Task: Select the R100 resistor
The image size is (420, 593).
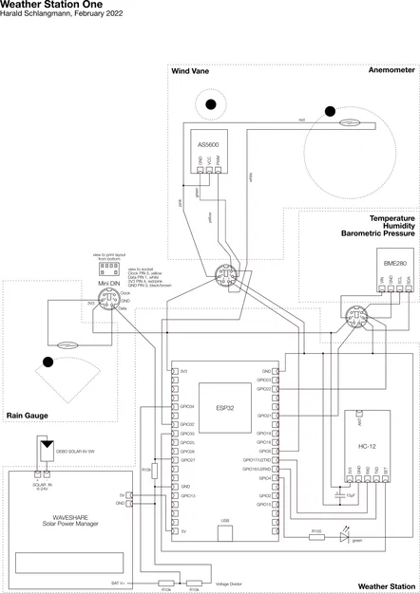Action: point(317,537)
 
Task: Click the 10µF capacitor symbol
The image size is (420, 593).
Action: point(339,494)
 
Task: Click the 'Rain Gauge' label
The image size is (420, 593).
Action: point(28,415)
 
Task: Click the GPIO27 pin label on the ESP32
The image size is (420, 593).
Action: point(187,460)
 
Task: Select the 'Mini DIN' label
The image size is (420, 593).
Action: point(107,283)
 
